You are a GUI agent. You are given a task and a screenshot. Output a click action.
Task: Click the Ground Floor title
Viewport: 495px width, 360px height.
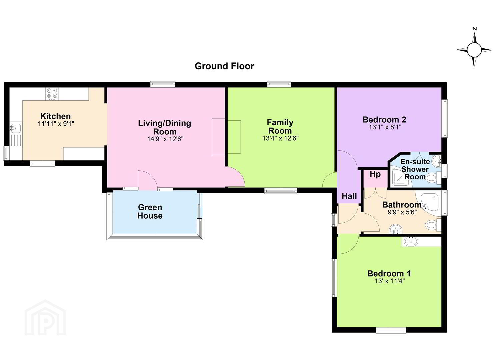224,66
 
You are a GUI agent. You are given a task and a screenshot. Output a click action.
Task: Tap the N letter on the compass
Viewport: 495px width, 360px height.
474,35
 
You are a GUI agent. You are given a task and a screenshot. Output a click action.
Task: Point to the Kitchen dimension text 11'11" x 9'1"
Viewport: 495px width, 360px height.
56,124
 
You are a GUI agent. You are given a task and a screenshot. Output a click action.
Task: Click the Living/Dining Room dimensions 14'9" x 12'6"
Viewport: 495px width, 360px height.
165,139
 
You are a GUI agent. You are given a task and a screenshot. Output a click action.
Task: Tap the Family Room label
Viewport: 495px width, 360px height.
280,126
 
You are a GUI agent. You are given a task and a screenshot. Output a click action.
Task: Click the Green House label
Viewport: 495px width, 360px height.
150,211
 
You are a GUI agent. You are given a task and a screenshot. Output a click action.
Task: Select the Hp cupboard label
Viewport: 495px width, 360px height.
375,174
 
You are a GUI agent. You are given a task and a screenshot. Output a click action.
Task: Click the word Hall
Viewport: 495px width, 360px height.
349,196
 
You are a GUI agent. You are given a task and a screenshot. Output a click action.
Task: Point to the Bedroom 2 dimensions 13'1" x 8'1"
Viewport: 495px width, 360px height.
385,127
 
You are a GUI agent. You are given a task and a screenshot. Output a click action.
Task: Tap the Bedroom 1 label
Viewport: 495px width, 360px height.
389,274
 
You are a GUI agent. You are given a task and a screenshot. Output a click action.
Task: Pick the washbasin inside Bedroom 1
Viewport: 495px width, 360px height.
411,241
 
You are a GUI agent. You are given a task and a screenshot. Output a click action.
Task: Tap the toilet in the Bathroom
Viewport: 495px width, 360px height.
433,225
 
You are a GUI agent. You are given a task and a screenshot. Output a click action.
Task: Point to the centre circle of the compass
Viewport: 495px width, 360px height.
474,50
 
